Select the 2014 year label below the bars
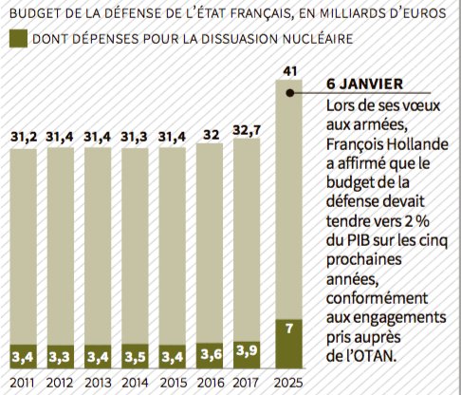[x=135, y=384]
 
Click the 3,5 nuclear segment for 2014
[x=135, y=357]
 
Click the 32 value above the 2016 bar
[x=209, y=135]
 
